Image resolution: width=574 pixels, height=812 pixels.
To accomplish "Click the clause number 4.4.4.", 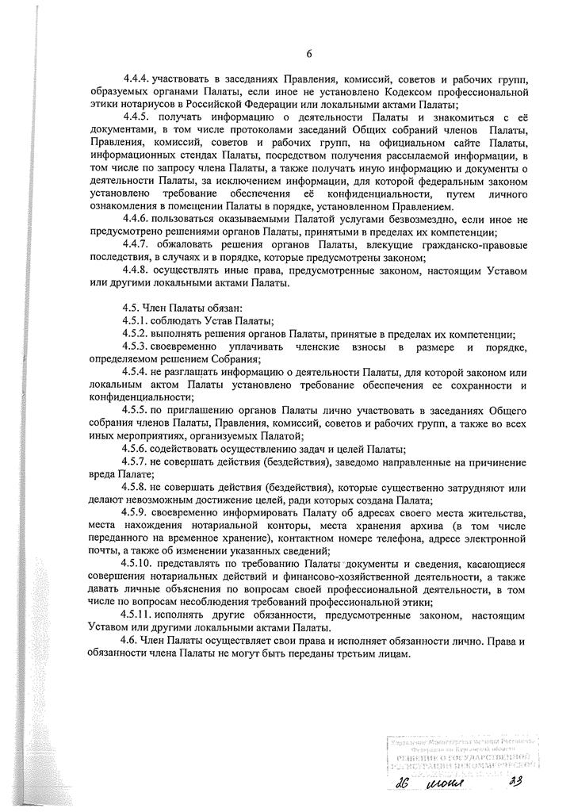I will pos(136,80).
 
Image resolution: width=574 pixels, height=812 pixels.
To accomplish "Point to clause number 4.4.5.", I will pos(136,117).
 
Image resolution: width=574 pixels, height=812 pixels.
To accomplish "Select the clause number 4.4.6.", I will pos(136,218).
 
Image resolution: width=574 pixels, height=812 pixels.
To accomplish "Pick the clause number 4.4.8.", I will pos(136,269).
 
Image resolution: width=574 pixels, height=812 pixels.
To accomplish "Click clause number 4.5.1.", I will pos(136,320).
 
